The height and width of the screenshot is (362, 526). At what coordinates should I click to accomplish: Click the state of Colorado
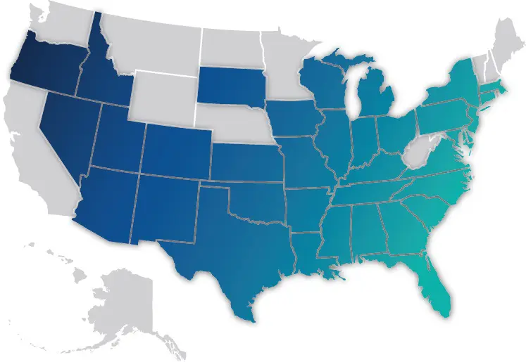click(x=176, y=148)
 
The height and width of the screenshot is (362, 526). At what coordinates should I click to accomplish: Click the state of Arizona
click(x=106, y=204)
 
